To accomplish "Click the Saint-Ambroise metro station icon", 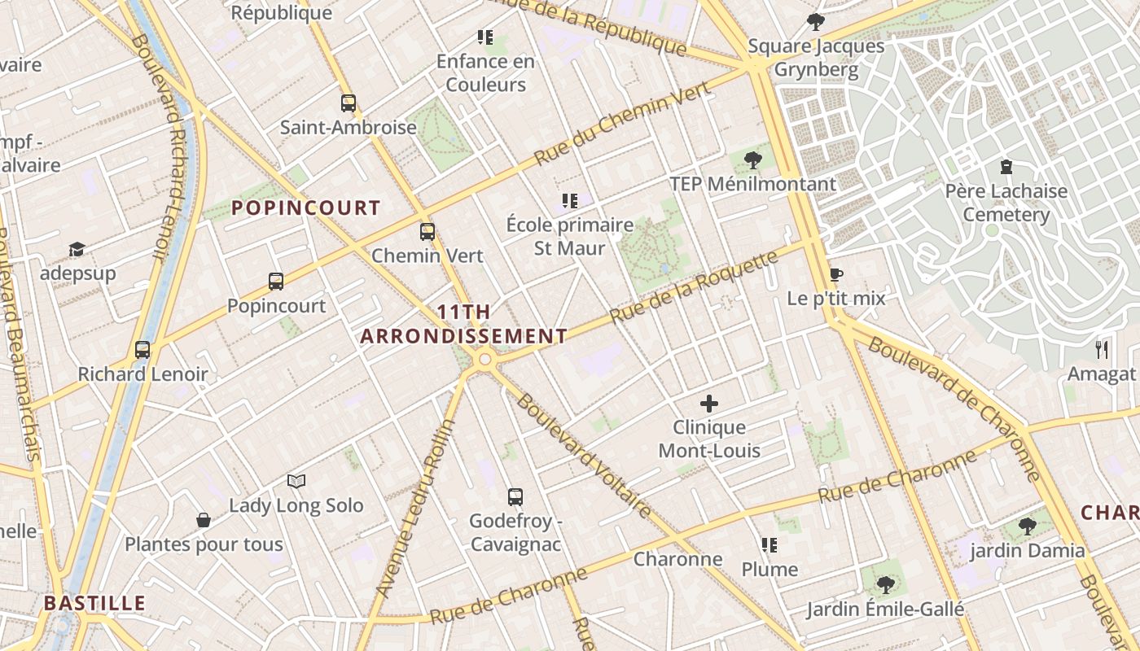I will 349,103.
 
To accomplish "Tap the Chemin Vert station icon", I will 427,232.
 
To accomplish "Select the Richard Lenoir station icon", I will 142,350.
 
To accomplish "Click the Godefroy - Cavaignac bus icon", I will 515,497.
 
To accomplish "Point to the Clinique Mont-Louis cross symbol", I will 709,403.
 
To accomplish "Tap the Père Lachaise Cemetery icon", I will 1006,167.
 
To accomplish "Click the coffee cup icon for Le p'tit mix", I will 835,274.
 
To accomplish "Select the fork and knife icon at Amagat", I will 1102,350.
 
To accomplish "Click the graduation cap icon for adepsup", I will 77,249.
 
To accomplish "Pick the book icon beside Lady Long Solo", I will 296,482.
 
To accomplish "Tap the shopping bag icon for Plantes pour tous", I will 204,520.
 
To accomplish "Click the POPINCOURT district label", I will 306,208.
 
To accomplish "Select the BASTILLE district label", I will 94,604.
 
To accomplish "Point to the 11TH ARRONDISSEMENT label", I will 463,324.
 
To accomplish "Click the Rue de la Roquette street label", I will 694,286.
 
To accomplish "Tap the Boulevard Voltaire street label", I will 584,456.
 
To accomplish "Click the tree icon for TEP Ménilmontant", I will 753,160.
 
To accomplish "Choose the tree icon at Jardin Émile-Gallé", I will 885,584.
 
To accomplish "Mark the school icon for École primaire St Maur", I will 570,200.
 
